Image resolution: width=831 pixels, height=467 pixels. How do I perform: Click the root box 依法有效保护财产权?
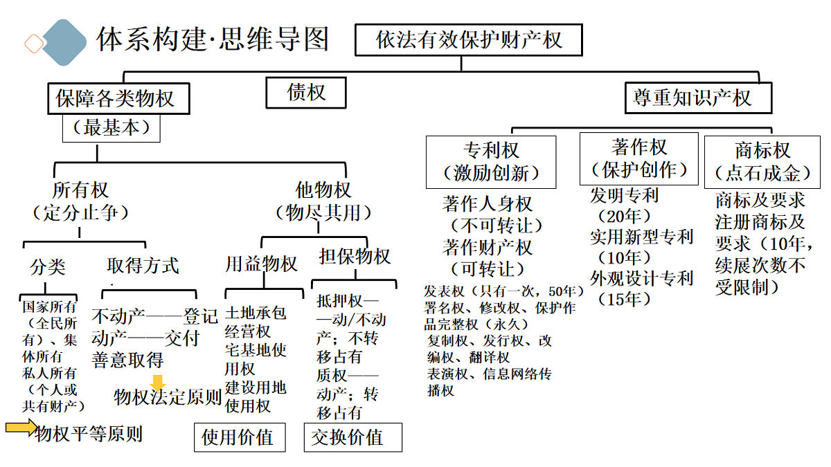(468, 39)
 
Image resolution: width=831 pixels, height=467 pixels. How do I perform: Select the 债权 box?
(306, 92)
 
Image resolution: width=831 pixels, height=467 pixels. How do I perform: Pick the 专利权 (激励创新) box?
(491, 161)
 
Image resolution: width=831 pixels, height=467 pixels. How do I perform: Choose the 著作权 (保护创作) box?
(639, 158)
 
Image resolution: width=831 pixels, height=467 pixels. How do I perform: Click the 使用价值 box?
(239, 437)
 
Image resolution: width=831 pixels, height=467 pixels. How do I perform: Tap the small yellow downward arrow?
(159, 383)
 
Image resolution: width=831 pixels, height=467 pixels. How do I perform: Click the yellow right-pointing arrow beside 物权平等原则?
(21, 428)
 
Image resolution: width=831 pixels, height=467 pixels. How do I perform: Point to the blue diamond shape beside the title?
(64, 42)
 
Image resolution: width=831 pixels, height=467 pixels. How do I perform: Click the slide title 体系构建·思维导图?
(212, 39)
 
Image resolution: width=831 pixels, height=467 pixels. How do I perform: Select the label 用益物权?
(261, 264)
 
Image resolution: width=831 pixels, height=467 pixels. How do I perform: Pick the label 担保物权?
(355, 257)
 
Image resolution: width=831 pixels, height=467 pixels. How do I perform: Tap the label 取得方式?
(143, 266)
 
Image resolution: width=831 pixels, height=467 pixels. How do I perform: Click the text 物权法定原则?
(168, 397)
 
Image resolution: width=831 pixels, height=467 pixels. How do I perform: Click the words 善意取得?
(127, 360)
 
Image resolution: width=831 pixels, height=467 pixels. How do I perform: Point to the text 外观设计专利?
(641, 279)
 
